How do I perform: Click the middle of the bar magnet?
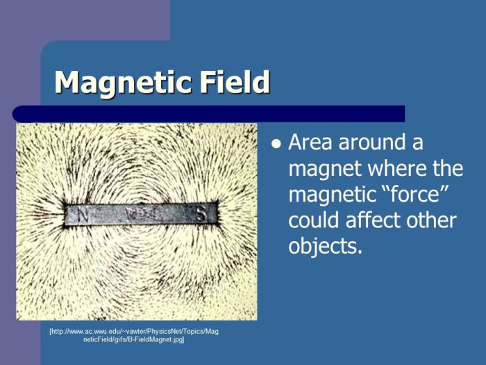coord(142,214)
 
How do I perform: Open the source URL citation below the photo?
coord(133,336)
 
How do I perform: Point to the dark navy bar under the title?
coord(208,114)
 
